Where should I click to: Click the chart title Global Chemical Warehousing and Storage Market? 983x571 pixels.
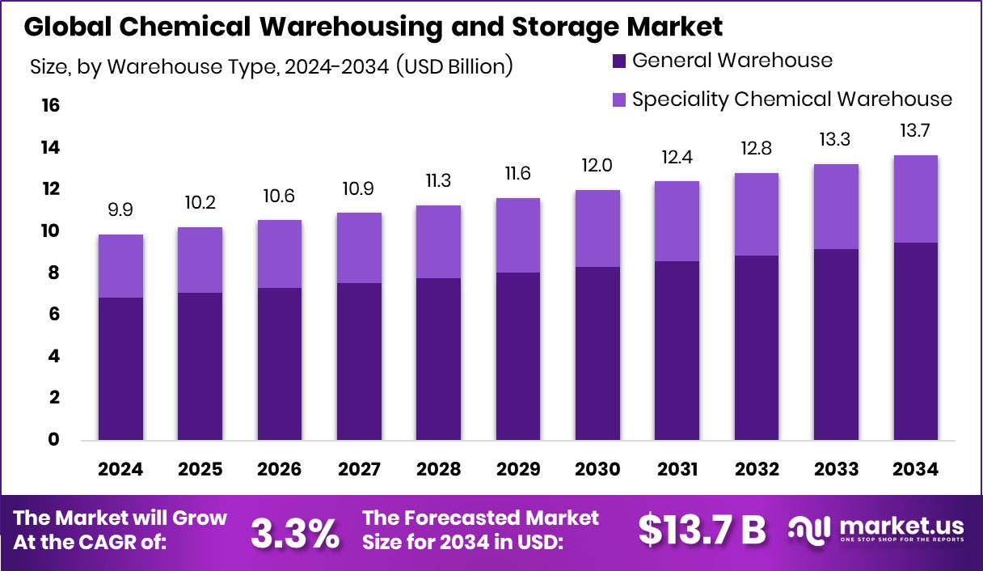tap(373, 27)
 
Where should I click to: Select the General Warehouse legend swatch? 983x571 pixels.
tap(619, 61)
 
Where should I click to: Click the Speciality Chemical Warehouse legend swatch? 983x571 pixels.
tap(619, 99)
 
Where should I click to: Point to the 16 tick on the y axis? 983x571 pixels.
tap(50, 106)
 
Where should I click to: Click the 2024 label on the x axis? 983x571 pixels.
tap(120, 470)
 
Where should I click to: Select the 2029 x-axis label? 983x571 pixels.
tap(518, 470)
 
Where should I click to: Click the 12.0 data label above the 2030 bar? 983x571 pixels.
tap(597, 165)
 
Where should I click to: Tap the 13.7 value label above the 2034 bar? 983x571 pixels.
tap(915, 130)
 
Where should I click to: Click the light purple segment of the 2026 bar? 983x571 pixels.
tap(280, 254)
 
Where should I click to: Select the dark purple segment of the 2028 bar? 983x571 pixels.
tap(438, 359)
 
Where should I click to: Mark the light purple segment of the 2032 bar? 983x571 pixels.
tap(757, 214)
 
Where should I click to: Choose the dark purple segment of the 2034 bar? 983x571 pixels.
tap(915, 341)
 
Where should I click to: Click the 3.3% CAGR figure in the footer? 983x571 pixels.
tap(294, 533)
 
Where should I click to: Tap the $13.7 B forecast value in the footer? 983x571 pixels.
tap(702, 531)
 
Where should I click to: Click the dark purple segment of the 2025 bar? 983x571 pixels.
tap(200, 366)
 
